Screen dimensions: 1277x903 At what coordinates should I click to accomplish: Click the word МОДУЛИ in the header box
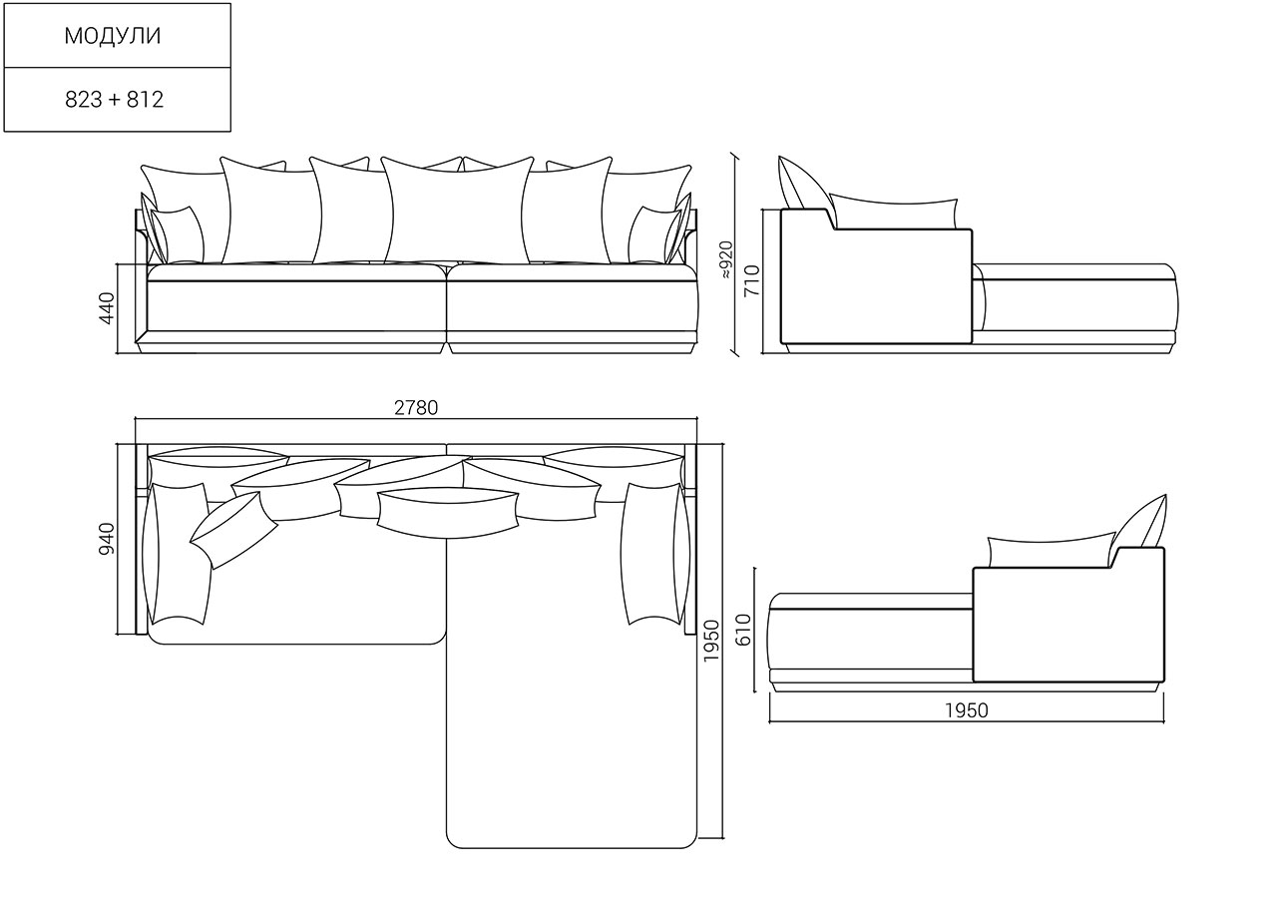(x=113, y=35)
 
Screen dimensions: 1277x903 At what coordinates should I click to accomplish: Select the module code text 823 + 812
(x=114, y=99)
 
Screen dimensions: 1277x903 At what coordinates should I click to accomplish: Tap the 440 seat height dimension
(x=107, y=308)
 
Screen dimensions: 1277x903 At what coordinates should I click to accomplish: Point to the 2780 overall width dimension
(x=416, y=408)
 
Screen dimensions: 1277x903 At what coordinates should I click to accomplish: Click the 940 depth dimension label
(x=107, y=539)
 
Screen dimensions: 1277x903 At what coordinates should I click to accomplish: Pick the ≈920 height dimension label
(x=725, y=260)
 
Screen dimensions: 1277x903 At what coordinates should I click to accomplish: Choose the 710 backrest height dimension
(x=752, y=280)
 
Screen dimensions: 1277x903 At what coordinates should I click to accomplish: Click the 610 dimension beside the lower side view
(x=743, y=630)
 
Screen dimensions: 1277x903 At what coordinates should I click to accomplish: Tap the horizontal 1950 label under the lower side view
(x=967, y=710)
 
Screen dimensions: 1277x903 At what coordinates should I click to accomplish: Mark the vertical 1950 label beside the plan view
(x=711, y=642)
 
